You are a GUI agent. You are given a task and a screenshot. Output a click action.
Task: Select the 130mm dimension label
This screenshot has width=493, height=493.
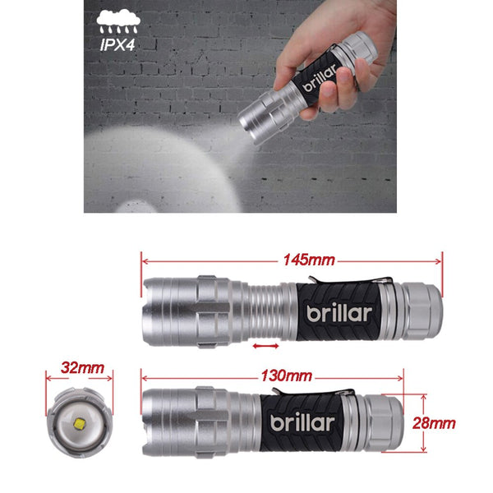(x=286, y=376)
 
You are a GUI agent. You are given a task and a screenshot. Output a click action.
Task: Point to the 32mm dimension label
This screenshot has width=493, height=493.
(x=81, y=369)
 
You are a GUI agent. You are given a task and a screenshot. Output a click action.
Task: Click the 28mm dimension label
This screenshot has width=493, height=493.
(x=456, y=423)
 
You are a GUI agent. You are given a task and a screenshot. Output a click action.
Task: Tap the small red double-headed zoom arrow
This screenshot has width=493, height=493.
(x=265, y=348)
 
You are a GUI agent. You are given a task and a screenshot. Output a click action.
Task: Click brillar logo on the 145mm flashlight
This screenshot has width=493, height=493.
(x=339, y=312)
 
